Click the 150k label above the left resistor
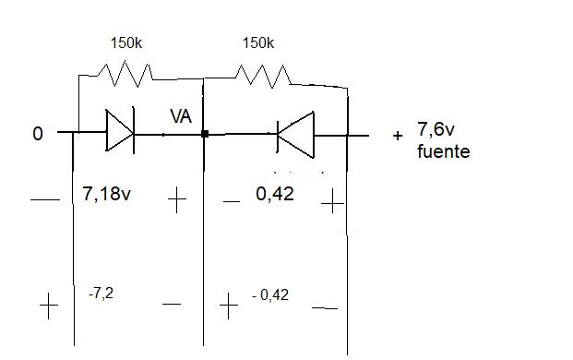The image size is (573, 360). [126, 43]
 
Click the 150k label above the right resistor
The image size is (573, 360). [258, 43]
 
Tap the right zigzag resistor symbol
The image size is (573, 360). [263, 76]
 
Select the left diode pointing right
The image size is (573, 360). [120, 130]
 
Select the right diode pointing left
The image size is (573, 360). [295, 135]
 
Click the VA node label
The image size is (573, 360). [181, 116]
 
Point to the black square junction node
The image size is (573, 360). [205, 134]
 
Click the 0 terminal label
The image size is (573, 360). [38, 134]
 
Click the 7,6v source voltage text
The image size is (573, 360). [436, 129]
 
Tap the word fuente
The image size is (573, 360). [443, 151]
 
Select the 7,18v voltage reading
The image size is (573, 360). [106, 193]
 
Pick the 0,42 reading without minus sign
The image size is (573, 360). [275, 194]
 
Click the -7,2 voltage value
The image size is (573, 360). [101, 294]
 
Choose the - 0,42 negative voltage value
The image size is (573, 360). [270, 294]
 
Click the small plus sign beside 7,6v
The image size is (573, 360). [398, 136]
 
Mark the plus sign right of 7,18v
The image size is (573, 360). [177, 199]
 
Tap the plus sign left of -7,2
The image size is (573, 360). [49, 306]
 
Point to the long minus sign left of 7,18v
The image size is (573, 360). [45, 200]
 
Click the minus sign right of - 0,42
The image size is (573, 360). [325, 308]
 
